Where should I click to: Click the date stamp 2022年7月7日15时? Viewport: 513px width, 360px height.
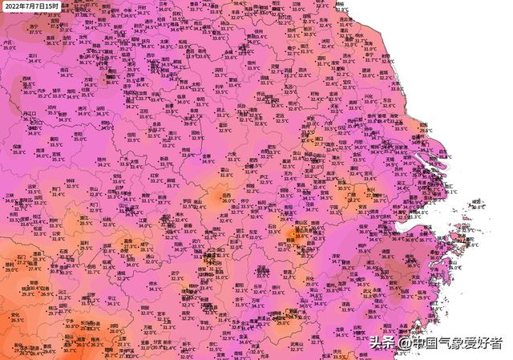tap(31, 6)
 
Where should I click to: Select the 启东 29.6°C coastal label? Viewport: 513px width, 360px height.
tap(425, 127)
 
